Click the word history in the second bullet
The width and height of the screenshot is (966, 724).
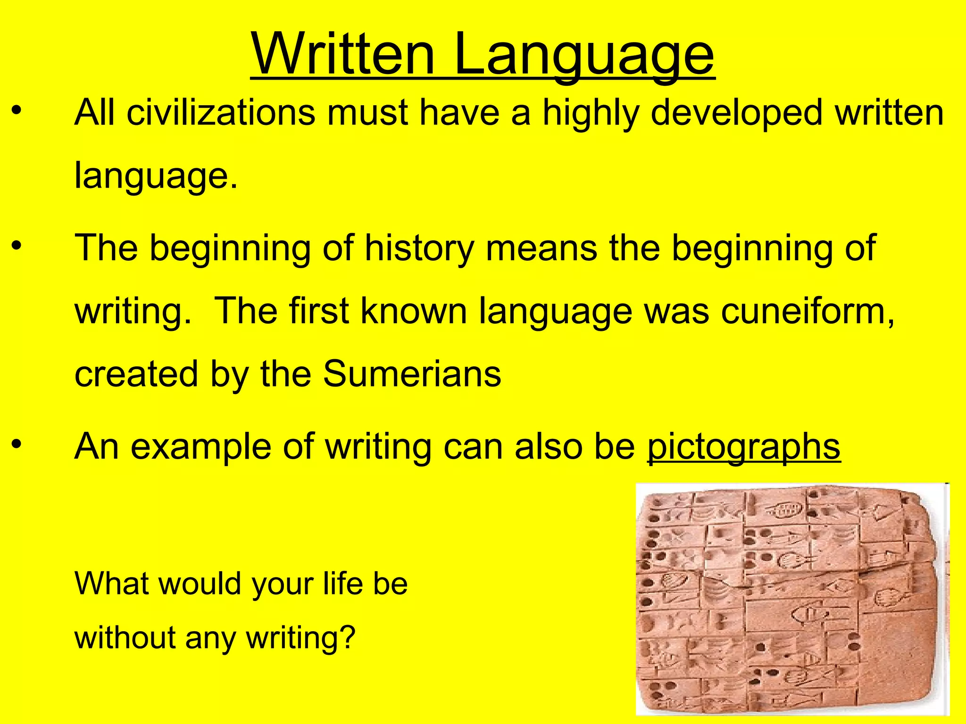419,248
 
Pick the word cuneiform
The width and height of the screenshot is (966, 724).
807,311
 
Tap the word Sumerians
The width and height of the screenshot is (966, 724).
412,374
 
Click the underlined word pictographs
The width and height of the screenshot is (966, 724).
744,447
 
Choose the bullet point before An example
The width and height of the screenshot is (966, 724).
17,444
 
